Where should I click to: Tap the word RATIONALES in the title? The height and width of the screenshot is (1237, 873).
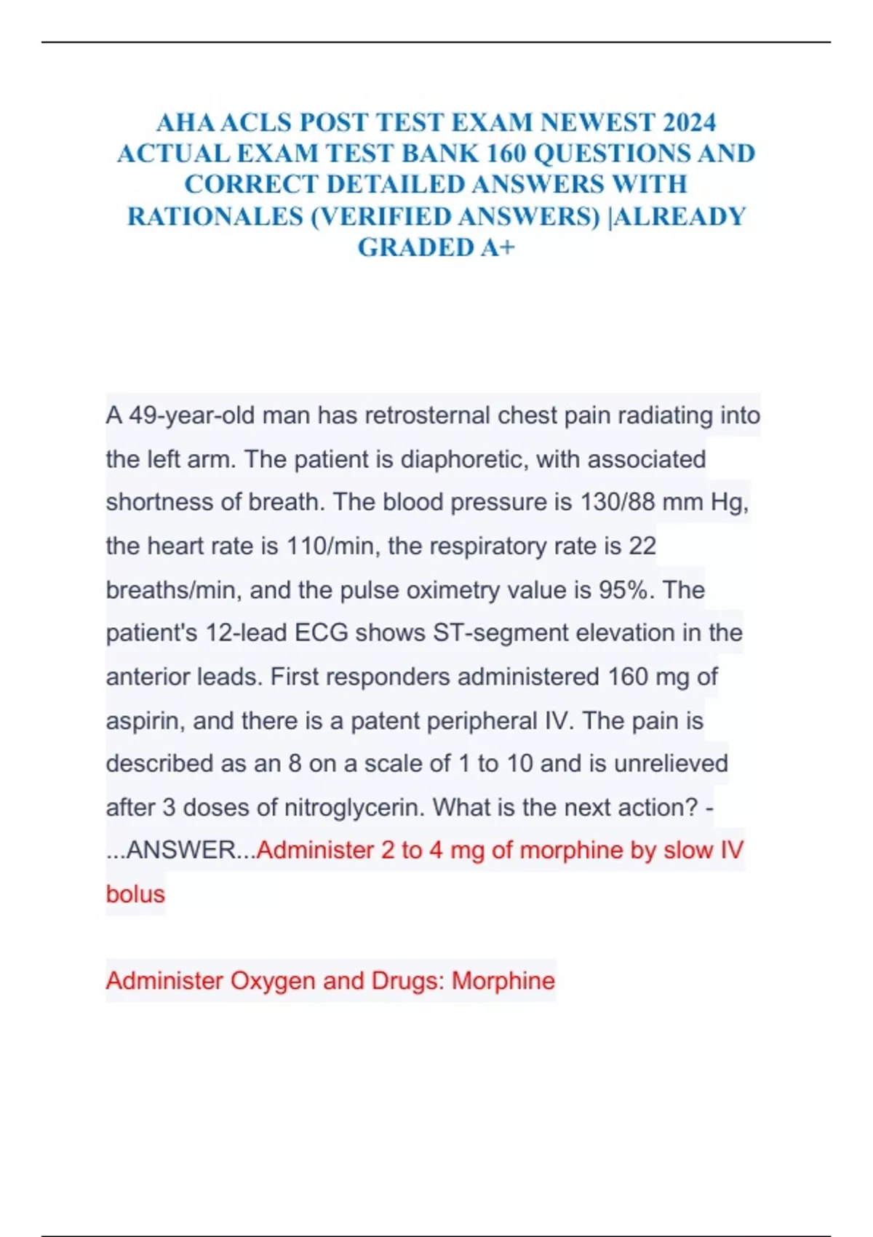coord(215,217)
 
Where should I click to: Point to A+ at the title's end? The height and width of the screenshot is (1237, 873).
coord(498,248)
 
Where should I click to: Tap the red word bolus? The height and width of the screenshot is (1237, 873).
coord(135,894)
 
